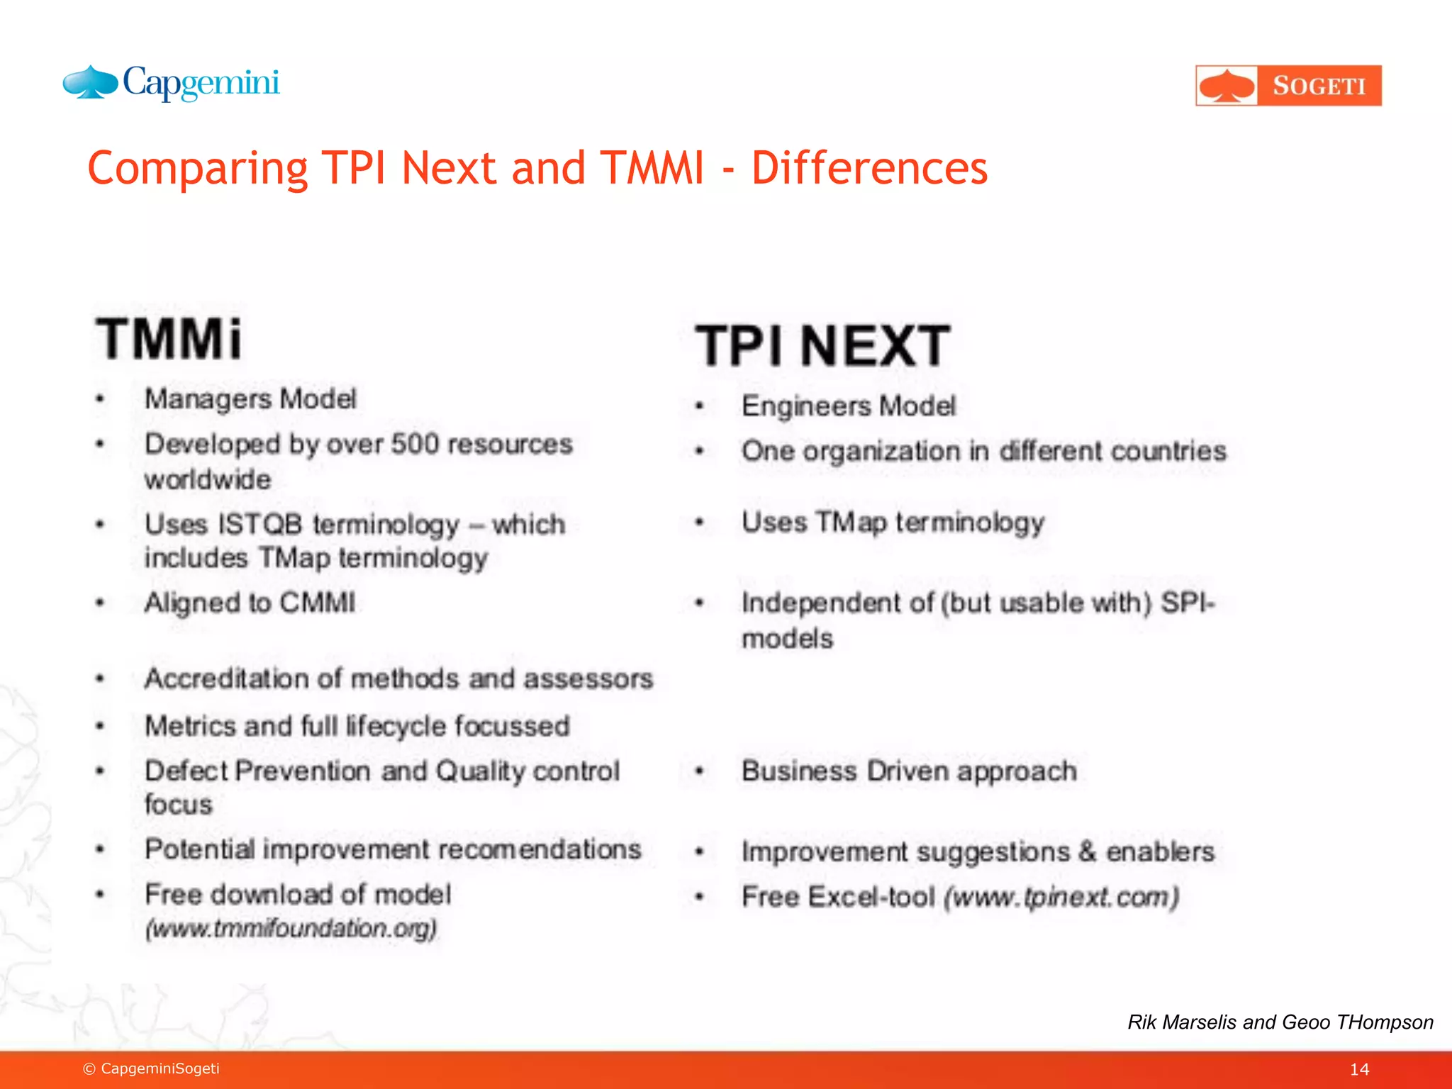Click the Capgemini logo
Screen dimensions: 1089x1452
[172, 84]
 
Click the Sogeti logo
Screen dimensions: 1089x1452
[1288, 86]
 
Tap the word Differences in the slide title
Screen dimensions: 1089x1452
[869, 169]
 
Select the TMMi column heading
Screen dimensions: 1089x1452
[169, 339]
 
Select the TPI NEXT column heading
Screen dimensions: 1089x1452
[822, 346]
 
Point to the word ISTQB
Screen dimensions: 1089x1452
[259, 525]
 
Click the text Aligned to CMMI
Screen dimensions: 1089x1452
[250, 603]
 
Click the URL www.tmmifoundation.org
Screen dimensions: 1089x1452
[291, 929]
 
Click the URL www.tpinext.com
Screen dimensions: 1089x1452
[1061, 898]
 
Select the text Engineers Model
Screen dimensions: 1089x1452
[849, 406]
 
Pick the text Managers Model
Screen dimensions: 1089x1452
[250, 399]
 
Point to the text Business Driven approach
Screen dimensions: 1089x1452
[909, 771]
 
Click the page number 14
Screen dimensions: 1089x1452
[1359, 1069]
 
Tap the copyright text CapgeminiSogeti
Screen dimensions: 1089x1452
[160, 1068]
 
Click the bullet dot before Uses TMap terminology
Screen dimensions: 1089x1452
[699, 523]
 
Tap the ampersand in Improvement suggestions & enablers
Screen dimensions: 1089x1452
[1087, 851]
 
